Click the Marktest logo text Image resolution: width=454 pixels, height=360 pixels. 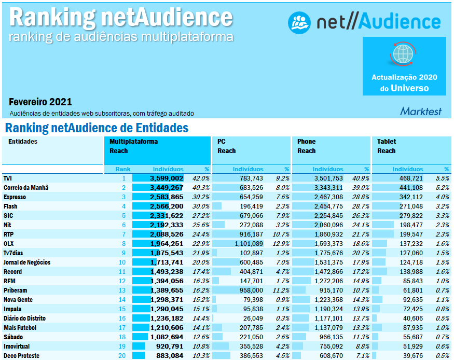420,110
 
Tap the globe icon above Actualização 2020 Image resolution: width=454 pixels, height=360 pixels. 404,53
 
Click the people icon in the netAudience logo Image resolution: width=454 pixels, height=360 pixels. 300,21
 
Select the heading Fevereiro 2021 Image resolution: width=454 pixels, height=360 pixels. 40,102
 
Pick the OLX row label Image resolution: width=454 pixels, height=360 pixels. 9,244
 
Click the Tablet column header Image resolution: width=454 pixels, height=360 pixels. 386,142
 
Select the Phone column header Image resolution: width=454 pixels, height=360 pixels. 306,142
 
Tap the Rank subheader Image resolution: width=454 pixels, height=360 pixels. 123,169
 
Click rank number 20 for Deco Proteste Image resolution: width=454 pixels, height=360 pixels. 122,356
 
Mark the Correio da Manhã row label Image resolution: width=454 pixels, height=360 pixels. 26,187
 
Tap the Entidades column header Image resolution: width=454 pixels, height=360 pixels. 23,142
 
